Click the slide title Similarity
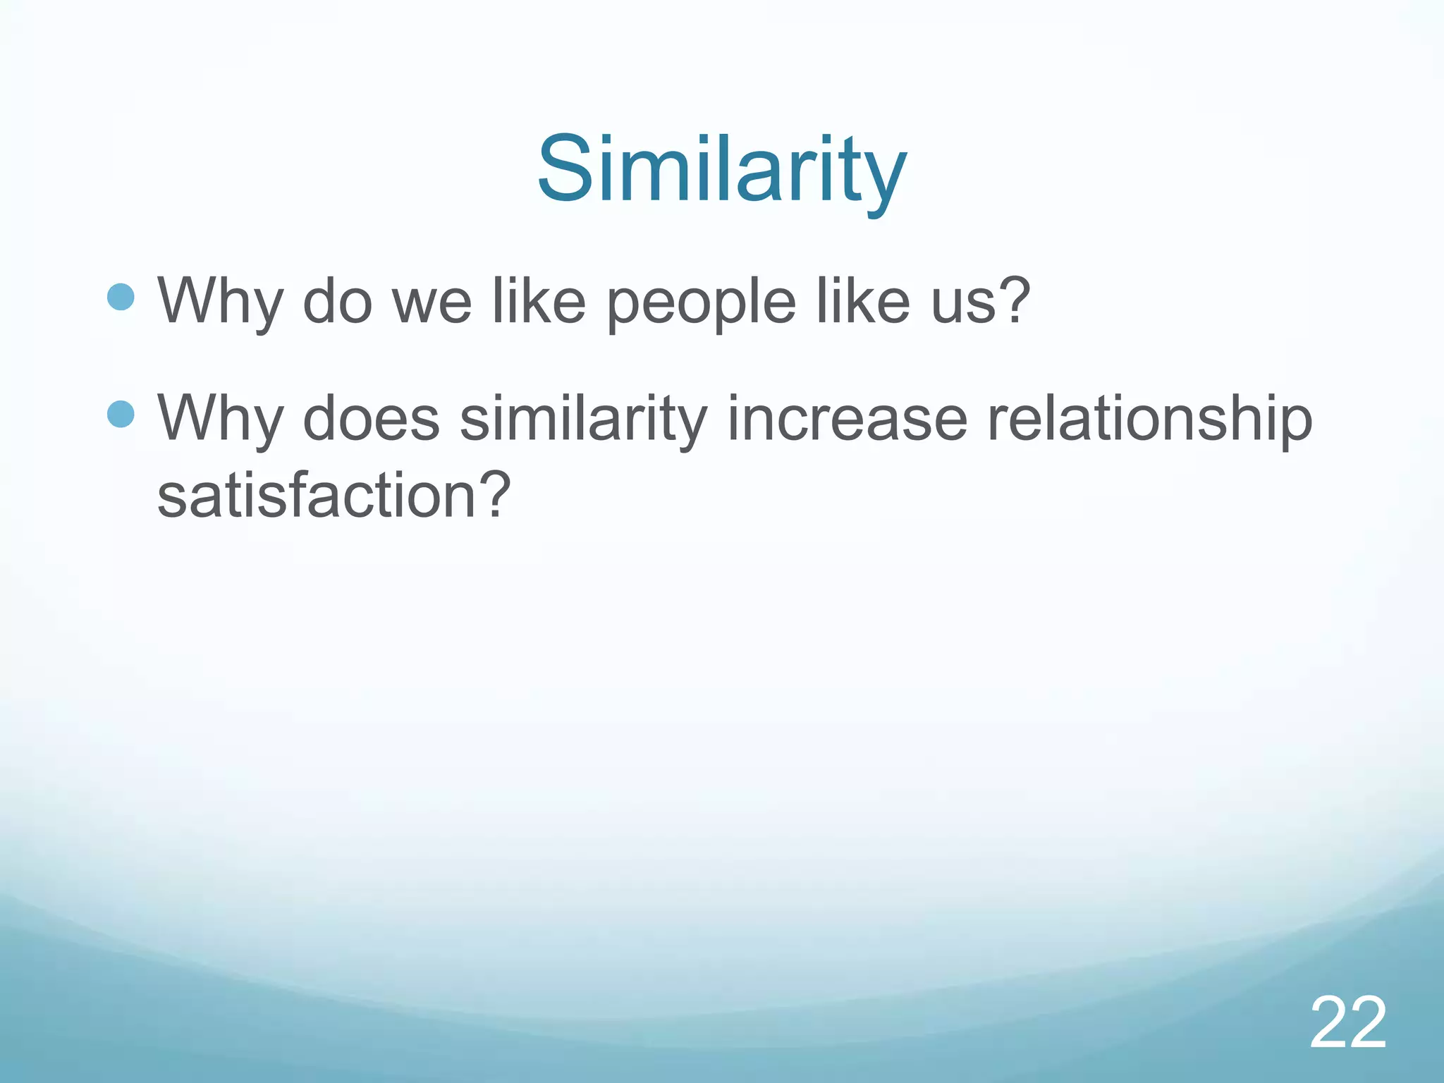[x=721, y=171]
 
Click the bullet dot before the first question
[x=121, y=298]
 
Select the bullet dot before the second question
[x=121, y=415]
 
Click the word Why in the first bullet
[x=219, y=302]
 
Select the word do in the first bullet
[x=336, y=302]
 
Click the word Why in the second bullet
[x=219, y=419]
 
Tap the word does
[x=371, y=419]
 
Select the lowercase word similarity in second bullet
[x=583, y=420]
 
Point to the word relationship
[x=1149, y=420]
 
